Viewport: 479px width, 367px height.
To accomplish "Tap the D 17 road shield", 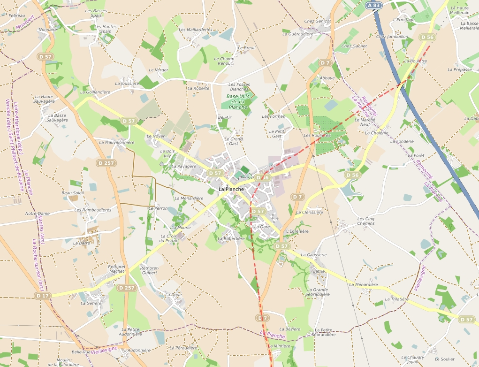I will click(x=43, y=296).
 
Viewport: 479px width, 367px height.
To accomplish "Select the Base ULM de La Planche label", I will click(x=238, y=101).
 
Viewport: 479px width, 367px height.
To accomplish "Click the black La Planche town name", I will click(x=231, y=189).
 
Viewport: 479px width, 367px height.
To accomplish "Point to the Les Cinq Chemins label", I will click(x=366, y=221).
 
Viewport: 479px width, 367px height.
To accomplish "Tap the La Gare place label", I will click(x=262, y=227).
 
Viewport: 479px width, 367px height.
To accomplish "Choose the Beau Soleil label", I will click(x=73, y=193).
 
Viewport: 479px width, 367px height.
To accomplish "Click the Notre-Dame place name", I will click(x=38, y=214).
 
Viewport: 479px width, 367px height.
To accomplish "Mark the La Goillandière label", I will click(x=95, y=92).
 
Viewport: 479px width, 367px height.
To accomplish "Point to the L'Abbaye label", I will click(x=326, y=78).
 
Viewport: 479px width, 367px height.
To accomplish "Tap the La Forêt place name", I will click(x=416, y=155).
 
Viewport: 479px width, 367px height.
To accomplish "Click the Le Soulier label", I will click(x=445, y=359).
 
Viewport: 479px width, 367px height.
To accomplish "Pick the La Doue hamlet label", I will click(x=173, y=295).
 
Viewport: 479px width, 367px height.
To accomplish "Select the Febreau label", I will click(x=17, y=15).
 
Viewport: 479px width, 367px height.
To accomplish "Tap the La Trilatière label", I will click(x=397, y=299).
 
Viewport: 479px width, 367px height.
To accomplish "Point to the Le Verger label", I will click(x=158, y=70).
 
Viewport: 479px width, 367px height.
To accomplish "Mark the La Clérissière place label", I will click(x=310, y=212).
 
